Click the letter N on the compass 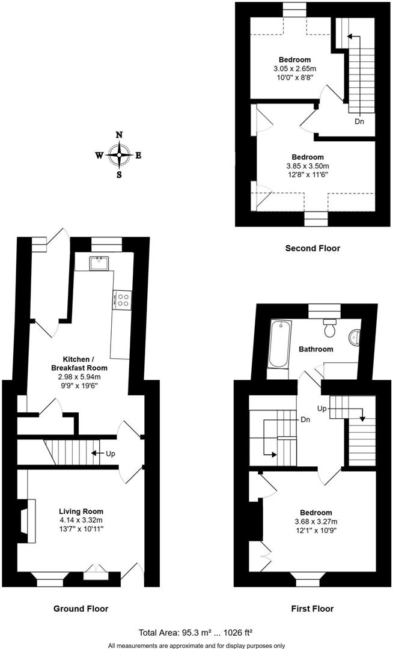tap(119, 135)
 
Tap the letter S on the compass tap(119, 175)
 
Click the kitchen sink tap(97, 263)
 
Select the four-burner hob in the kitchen tap(123, 299)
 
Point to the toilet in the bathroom tap(329, 328)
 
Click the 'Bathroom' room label tap(315, 349)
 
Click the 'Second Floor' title tap(312, 248)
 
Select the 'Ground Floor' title tap(81, 609)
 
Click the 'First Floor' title tap(312, 609)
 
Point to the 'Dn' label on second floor tap(359, 121)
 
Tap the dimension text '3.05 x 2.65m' tap(294, 69)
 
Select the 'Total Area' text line tap(196, 632)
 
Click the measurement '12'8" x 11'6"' tap(312, 175)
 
